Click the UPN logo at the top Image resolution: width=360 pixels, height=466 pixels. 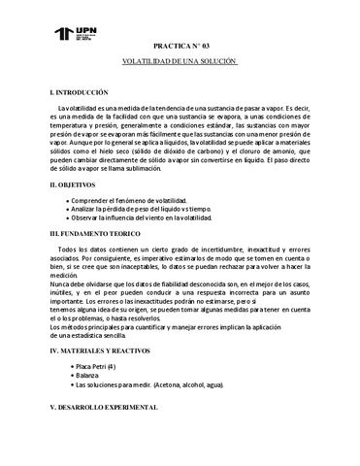73,37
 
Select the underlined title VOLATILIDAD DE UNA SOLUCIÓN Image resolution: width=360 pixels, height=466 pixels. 180,60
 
